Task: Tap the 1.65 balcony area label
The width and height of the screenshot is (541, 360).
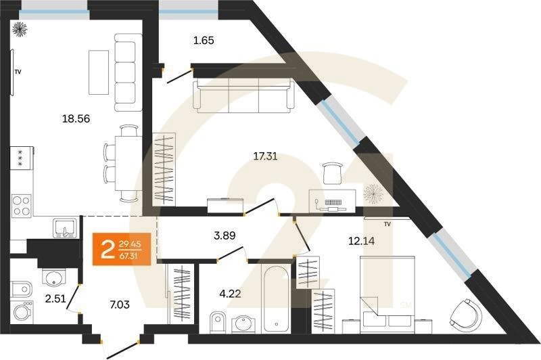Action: click(x=203, y=41)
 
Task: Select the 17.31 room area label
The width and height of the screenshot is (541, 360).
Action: click(x=264, y=156)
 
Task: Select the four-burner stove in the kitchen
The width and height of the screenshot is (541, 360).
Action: click(x=21, y=204)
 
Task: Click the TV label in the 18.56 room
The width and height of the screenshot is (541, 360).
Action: click(x=19, y=70)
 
